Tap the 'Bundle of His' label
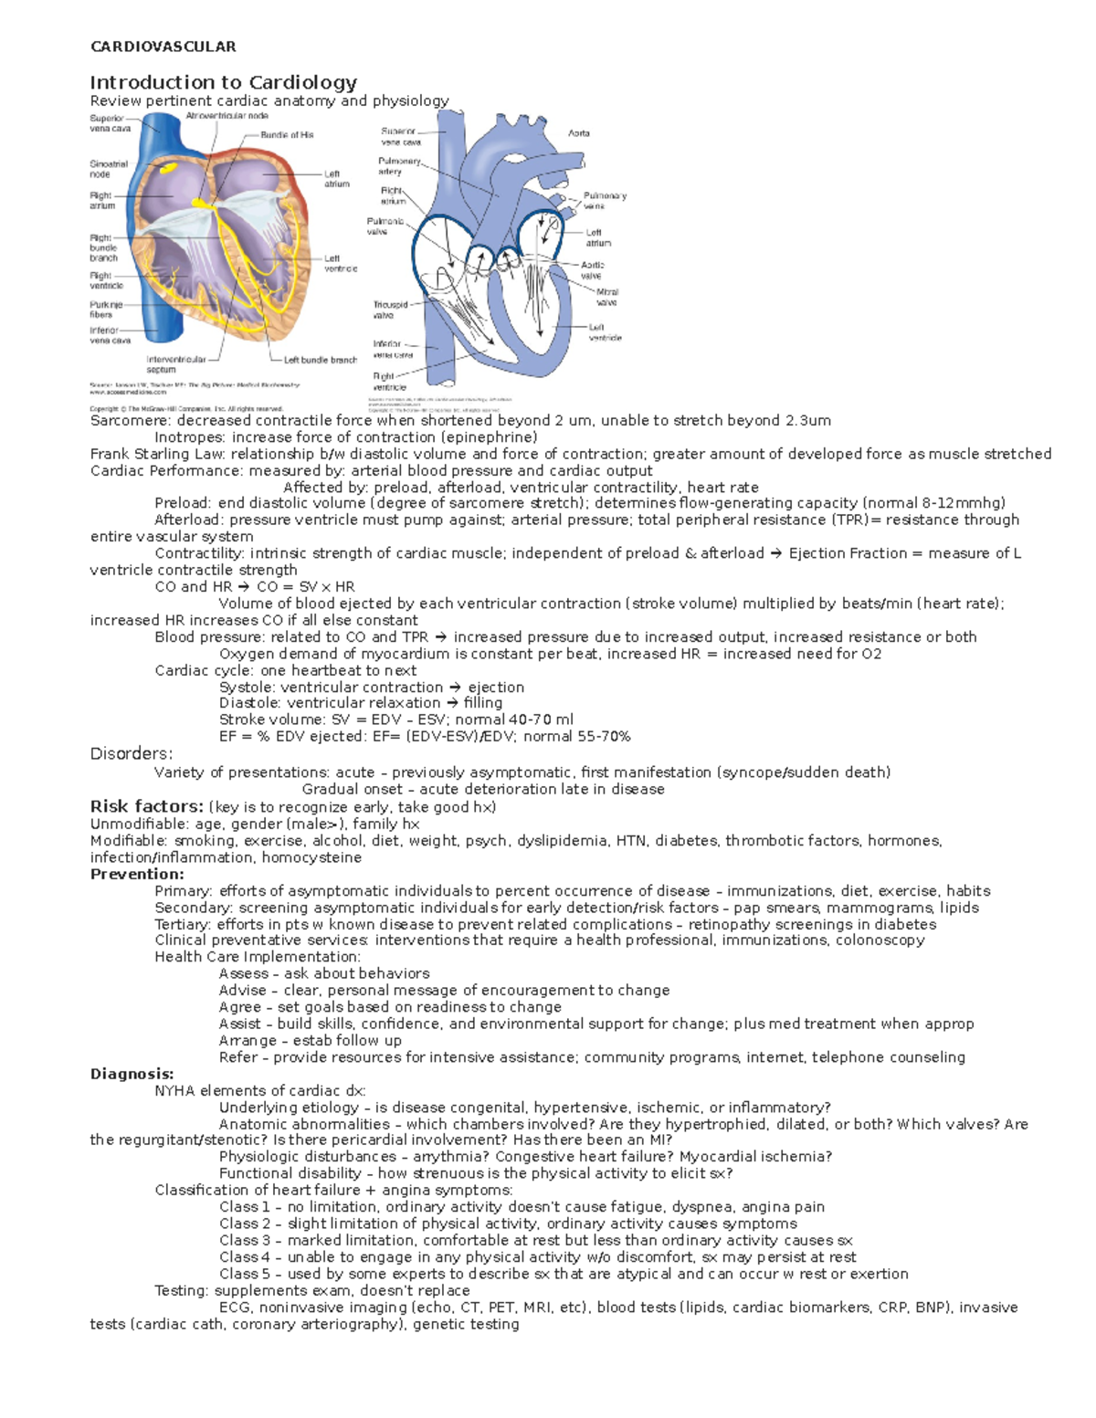click(x=287, y=135)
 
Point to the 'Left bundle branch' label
click(x=320, y=360)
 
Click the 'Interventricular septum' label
click(x=175, y=364)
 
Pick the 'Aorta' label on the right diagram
click(x=579, y=133)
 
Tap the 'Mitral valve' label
click(x=606, y=298)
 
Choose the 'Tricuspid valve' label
click(x=390, y=310)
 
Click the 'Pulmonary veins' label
click(x=604, y=201)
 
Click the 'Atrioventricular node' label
click(x=227, y=116)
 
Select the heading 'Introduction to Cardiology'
click(x=223, y=82)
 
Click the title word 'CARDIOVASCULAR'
click(x=163, y=47)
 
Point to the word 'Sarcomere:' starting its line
click(x=130, y=421)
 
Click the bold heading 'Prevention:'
click(x=136, y=874)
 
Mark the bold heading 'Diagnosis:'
click(x=132, y=1074)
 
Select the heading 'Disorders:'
click(x=131, y=753)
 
